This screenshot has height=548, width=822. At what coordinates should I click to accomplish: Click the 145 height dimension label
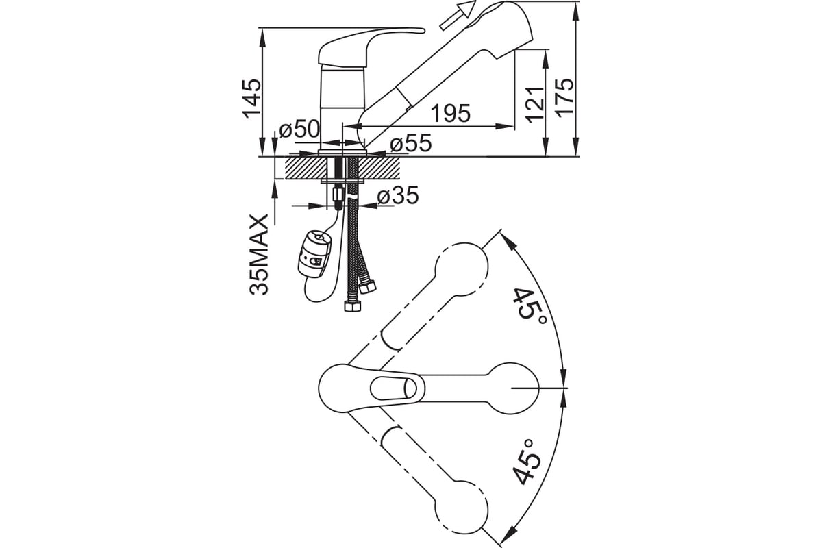[x=252, y=98]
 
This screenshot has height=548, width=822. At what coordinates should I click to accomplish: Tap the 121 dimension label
[x=534, y=104]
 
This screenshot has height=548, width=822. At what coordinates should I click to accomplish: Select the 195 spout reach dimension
[x=451, y=114]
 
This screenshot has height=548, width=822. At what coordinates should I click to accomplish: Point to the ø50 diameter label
[x=299, y=129]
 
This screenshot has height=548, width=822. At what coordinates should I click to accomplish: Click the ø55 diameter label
[x=410, y=143]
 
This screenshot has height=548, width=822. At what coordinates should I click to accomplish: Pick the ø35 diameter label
[x=398, y=195]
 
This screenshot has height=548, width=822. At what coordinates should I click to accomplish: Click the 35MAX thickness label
[x=259, y=255]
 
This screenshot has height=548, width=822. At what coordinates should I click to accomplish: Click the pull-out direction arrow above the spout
[x=458, y=14]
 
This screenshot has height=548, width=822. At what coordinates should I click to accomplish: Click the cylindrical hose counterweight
[x=314, y=254]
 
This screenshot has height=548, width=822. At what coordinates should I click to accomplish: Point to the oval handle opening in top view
[x=394, y=388]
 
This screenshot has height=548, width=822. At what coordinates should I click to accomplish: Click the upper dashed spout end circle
[x=462, y=269]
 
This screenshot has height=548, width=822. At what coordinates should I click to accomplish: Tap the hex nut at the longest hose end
[x=352, y=306]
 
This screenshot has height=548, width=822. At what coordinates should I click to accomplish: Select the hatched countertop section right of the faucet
[x=379, y=168]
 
